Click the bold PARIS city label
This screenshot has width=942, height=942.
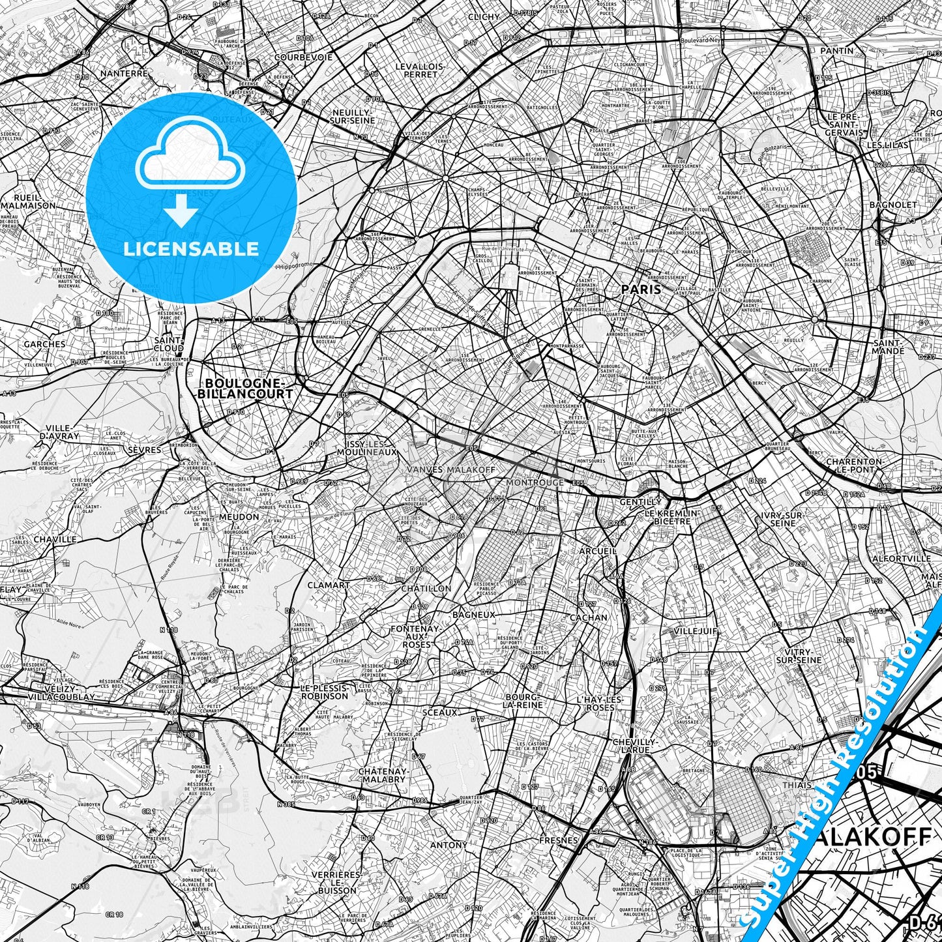tap(641, 289)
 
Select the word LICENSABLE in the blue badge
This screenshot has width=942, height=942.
tap(192, 249)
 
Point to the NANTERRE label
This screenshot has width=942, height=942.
tap(125, 74)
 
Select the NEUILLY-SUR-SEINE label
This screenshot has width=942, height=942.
tap(353, 116)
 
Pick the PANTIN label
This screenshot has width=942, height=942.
tap(837, 50)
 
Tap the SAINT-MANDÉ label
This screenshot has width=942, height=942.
tap(888, 347)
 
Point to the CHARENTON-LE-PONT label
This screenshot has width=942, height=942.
tap(854, 465)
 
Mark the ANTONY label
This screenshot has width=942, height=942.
tap(449, 845)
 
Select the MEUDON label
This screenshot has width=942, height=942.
tap(239, 517)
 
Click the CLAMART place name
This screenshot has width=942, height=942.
tap(329, 585)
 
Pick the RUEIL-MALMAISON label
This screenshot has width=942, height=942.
tap(29, 201)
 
